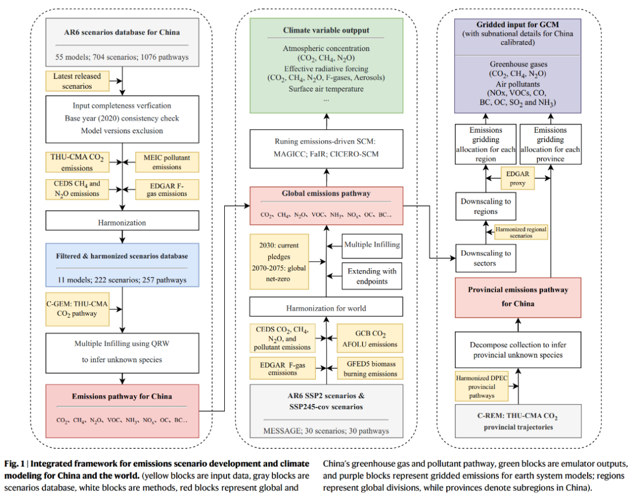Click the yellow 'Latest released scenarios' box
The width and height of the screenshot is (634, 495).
coord(77,81)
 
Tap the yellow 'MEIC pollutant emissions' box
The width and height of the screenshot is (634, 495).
coord(167,161)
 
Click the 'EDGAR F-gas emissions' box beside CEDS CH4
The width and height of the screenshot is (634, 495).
coord(167,189)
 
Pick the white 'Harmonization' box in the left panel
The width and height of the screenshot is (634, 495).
coord(122,223)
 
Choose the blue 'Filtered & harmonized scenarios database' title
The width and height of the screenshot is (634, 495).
coord(122,256)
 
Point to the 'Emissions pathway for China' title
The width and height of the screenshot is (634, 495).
coord(122,396)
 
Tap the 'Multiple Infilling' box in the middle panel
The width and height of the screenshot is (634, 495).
coord(372,244)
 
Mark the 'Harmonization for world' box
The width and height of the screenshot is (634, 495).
coord(326,308)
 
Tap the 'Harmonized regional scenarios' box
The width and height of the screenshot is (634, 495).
coord(521,232)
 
